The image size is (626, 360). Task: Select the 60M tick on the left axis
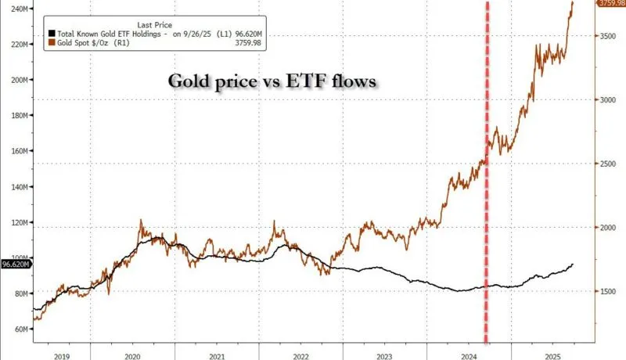click(x=19, y=329)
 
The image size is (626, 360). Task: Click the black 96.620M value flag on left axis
click(x=16, y=265)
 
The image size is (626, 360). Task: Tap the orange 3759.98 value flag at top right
click(x=610, y=4)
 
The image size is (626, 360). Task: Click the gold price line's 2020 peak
click(x=141, y=221)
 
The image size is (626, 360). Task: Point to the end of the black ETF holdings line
click(x=573, y=265)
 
